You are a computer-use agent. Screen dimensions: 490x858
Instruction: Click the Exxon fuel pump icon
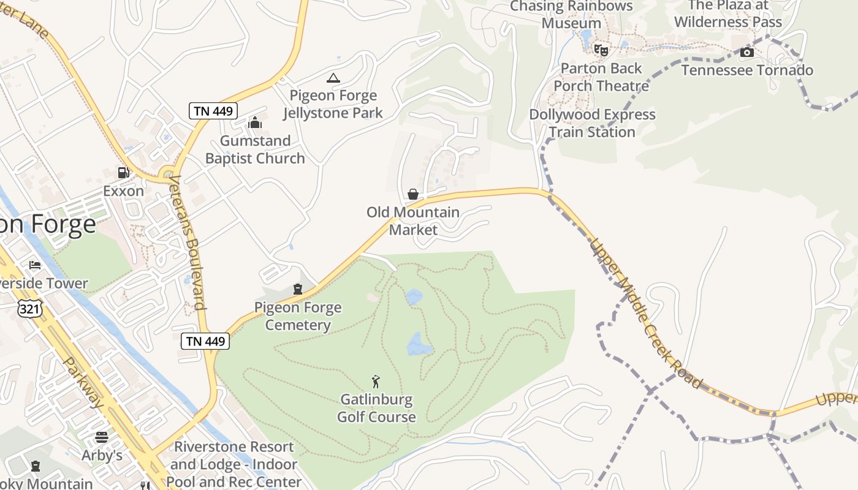[124, 173]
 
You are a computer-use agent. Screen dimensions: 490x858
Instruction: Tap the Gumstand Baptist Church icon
[255, 123]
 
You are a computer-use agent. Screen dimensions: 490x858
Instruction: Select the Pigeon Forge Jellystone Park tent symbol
[333, 78]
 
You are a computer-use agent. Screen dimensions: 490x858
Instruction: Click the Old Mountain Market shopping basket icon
[413, 194]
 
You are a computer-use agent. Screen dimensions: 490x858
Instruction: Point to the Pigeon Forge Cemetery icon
[298, 289]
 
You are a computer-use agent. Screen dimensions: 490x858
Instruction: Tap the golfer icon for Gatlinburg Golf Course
[376, 382]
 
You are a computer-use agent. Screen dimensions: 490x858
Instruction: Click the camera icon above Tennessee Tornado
[746, 53]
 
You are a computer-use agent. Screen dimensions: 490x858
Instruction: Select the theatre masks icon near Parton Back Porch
[601, 50]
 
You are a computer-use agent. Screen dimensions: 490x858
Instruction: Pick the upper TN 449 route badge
[212, 111]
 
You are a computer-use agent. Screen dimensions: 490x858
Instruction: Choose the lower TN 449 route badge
[205, 341]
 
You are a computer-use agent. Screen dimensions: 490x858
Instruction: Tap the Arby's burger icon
[102, 437]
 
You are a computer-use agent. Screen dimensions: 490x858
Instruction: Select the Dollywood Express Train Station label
[592, 123]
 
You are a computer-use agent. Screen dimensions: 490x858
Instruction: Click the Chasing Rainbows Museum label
[571, 15]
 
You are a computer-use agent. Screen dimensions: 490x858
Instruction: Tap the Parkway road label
[83, 382]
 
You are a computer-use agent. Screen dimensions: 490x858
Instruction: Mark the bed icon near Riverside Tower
[35, 265]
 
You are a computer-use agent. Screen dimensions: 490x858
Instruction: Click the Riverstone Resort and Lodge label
[234, 464]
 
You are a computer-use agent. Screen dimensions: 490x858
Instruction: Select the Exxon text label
[123, 191]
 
